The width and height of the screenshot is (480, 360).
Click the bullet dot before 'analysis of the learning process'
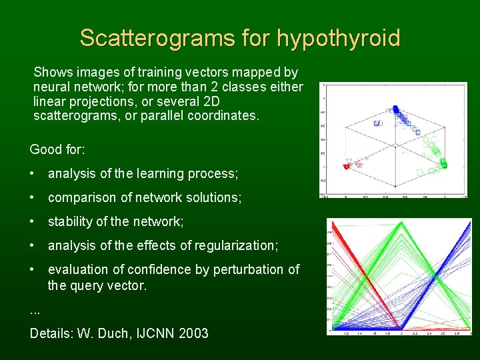pos(33,173)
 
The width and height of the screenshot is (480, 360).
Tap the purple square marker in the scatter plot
pos(377,123)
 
